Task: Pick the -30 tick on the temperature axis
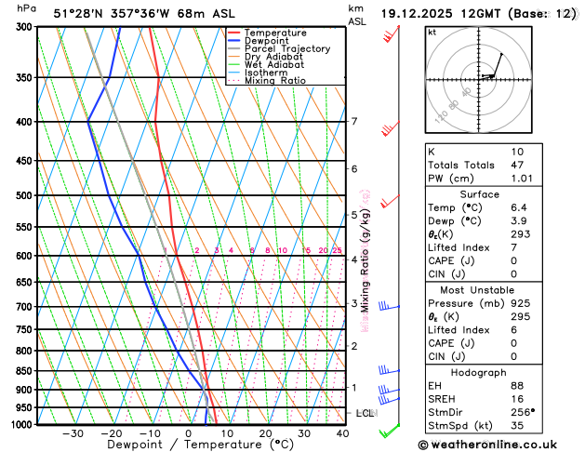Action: tap(73, 433)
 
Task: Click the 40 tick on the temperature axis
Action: tap(342, 433)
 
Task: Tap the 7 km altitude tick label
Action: tap(354, 122)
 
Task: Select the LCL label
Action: tap(365, 413)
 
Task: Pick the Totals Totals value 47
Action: tap(517, 165)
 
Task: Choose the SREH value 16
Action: tap(517, 398)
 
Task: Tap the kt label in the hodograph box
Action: tap(432, 32)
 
